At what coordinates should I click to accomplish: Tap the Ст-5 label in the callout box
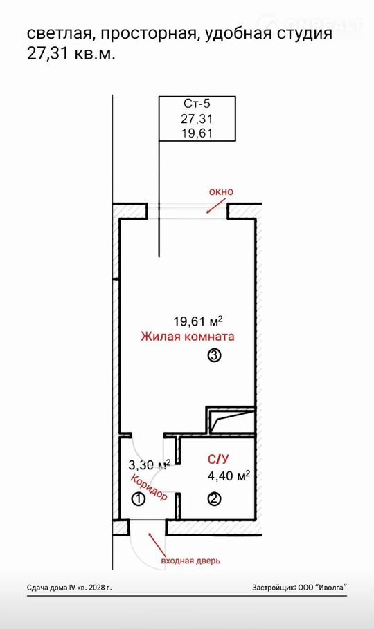point(197,104)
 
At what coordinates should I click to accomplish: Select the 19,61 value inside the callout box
point(197,133)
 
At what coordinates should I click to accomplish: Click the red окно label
point(221,191)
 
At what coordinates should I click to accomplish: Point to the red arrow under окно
point(214,206)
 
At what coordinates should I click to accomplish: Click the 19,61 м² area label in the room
point(198,321)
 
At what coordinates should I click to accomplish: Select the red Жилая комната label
point(188,336)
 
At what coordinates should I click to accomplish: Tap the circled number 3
point(214,355)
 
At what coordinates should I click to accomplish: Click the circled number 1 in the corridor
point(139,500)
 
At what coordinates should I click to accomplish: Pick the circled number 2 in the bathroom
point(214,499)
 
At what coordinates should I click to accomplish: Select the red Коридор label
point(150,487)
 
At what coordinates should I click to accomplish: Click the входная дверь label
point(190,561)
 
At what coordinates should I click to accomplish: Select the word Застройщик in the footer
point(274,588)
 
